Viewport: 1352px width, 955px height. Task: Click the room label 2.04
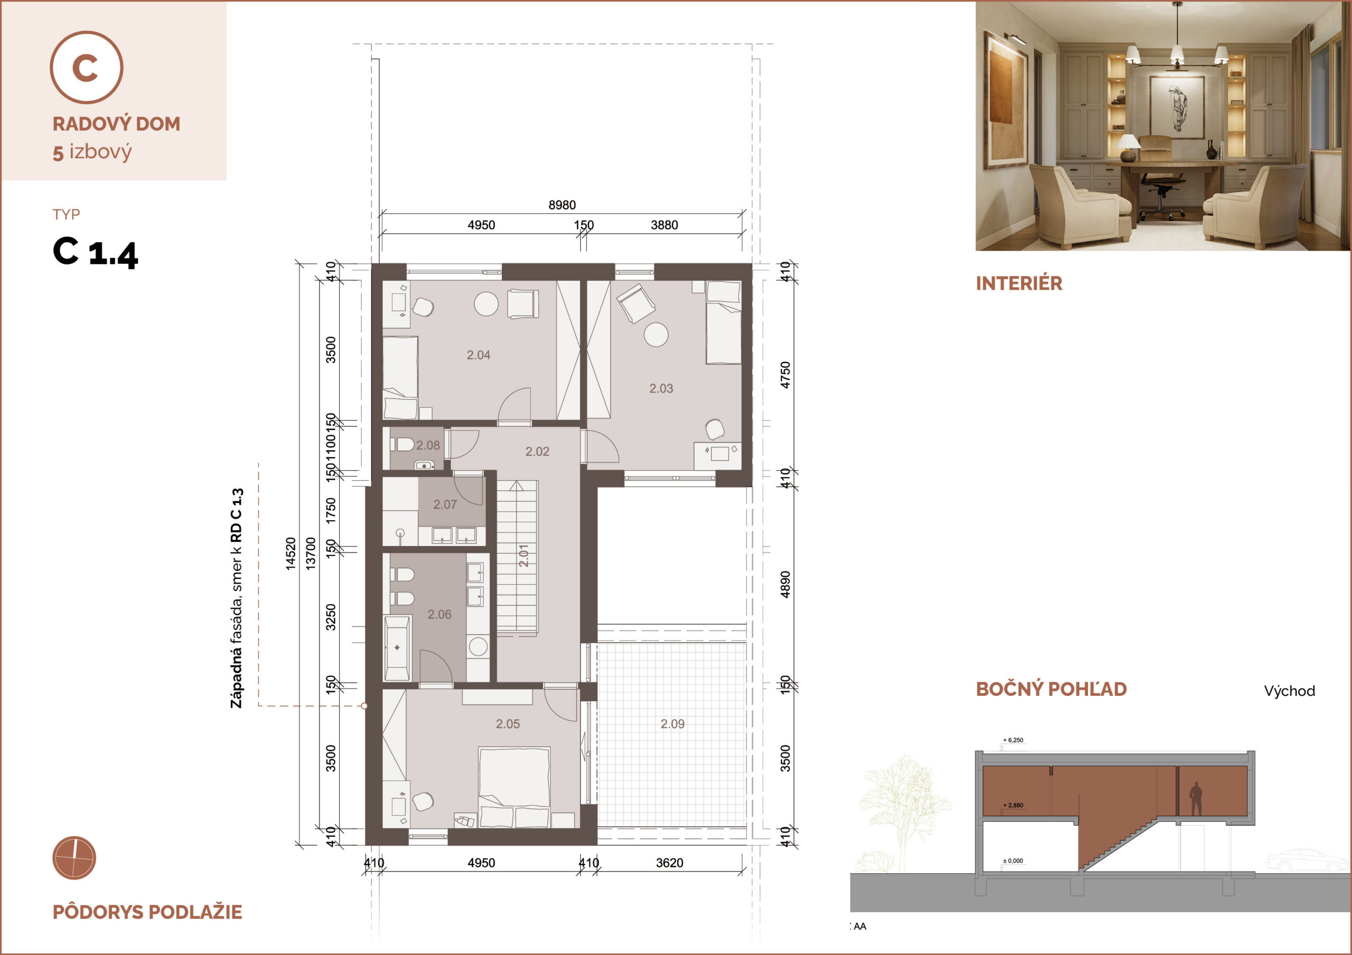point(478,355)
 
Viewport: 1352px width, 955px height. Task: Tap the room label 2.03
point(661,388)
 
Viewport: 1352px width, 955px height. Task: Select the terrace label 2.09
point(672,724)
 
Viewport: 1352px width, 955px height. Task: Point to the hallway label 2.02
point(537,451)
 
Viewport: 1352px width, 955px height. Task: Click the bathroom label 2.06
point(439,614)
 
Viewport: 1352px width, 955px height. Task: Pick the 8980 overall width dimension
point(562,205)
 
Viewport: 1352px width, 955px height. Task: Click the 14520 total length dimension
point(290,553)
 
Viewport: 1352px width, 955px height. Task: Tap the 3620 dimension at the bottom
point(670,863)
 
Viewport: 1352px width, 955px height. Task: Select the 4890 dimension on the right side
point(785,584)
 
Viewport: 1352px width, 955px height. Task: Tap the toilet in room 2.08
point(402,444)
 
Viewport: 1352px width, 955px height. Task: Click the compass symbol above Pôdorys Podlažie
point(74,858)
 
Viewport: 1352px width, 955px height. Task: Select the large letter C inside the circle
point(85,68)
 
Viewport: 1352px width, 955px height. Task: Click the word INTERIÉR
point(1019,283)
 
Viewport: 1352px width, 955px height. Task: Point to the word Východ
point(1289,691)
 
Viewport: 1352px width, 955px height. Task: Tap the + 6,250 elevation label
point(1013,740)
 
